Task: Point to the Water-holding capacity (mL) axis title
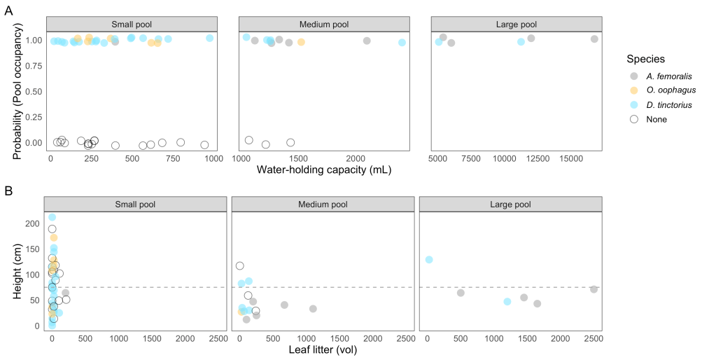[323, 169]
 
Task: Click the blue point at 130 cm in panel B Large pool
[429, 260]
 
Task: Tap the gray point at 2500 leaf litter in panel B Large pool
[594, 289]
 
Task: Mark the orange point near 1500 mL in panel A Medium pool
[301, 42]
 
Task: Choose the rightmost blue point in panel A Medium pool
[402, 43]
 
